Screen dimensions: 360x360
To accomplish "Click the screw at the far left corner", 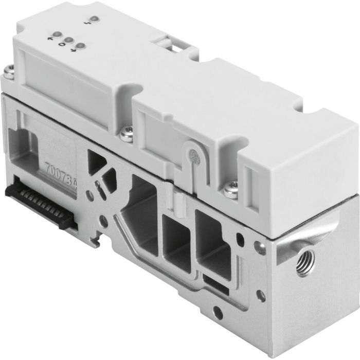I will pyautogui.click(x=8, y=72).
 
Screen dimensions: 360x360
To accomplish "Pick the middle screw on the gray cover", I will pyautogui.click(x=125, y=135).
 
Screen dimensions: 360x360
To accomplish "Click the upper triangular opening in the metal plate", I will pyautogui.click(x=98, y=159).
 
